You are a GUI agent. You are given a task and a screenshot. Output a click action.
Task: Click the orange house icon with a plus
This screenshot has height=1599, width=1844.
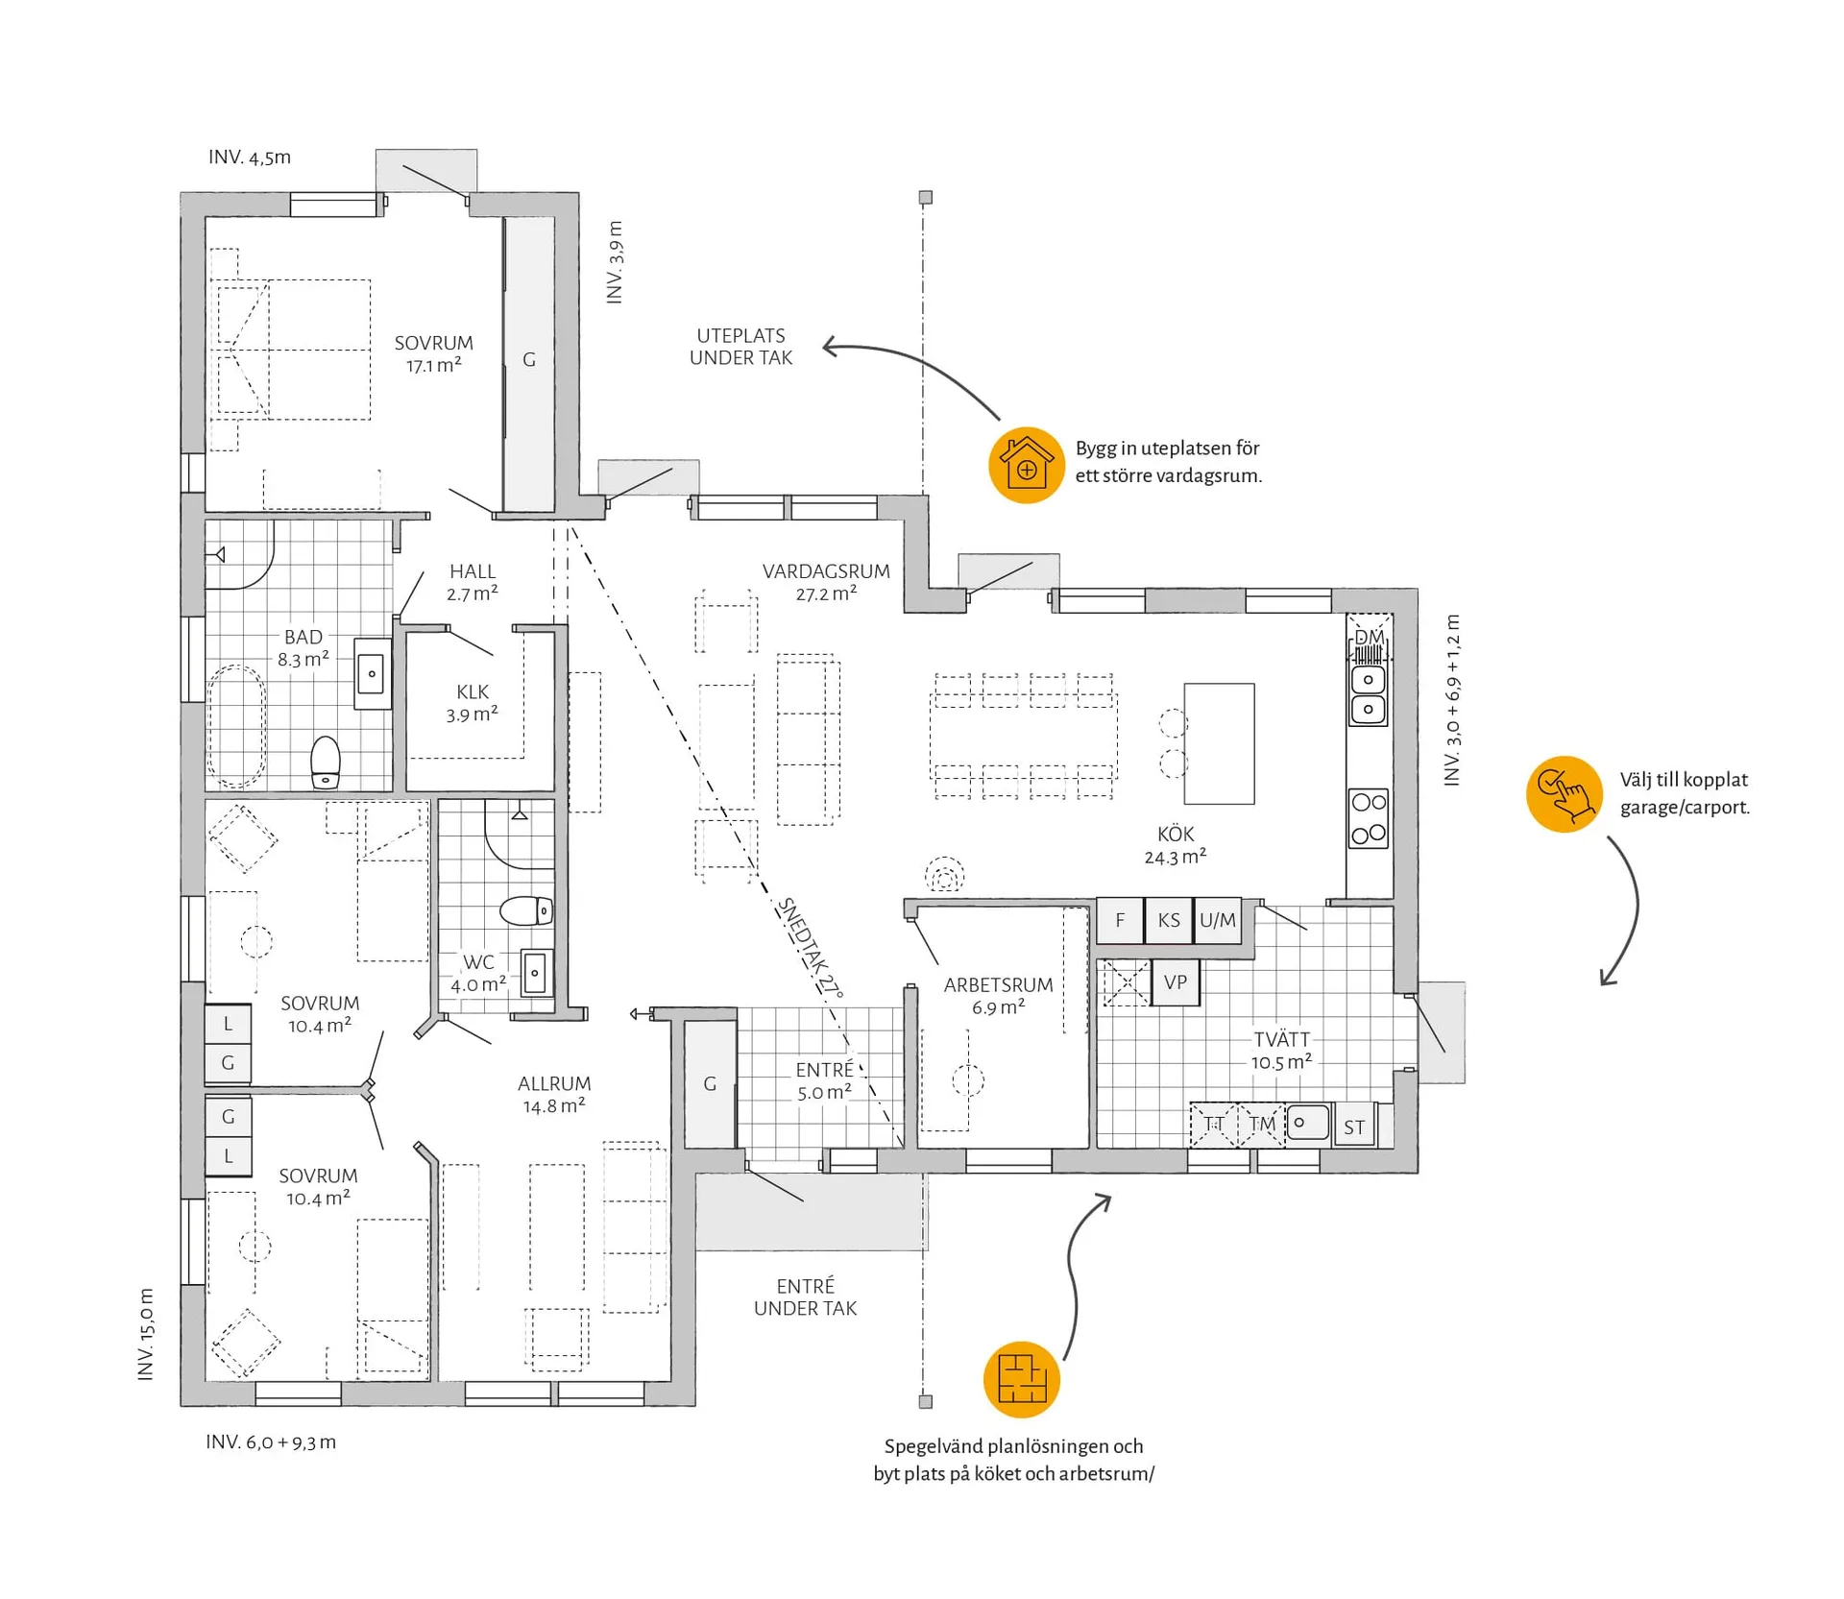point(1026,465)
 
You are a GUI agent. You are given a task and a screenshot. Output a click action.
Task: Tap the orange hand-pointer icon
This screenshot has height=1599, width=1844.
point(1564,793)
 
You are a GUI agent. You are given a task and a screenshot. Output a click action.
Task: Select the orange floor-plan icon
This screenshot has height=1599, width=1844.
point(1021,1379)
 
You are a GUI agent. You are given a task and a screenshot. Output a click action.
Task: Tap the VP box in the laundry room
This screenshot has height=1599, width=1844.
point(1175,982)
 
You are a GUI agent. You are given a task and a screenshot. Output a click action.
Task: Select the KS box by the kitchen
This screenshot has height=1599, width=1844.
point(1168,920)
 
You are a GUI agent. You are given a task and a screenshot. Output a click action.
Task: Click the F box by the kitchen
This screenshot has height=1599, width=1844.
point(1120,920)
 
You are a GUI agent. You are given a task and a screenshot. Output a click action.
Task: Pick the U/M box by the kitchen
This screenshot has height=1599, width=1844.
point(1217,920)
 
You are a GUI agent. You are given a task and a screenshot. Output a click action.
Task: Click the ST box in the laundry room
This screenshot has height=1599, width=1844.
point(1354,1127)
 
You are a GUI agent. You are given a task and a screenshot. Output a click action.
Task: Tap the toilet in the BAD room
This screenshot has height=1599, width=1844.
point(326,763)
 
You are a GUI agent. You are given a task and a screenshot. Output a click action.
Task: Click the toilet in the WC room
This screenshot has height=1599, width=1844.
point(526,910)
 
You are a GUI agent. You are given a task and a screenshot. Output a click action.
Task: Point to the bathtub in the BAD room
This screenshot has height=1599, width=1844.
point(236,726)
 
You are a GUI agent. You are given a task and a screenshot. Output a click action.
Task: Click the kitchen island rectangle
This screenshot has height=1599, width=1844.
point(1219,743)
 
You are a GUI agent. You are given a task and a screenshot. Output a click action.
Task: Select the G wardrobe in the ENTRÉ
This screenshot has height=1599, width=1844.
point(710,1083)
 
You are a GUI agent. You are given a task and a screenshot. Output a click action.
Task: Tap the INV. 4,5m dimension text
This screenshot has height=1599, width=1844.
point(250,157)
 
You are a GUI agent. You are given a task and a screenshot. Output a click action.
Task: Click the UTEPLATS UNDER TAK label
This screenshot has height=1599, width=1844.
point(740,347)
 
